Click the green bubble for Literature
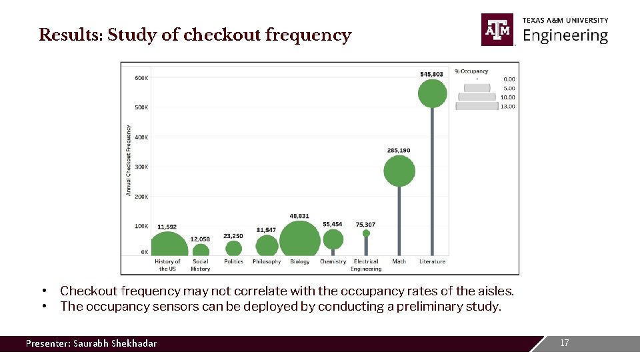(x=432, y=94)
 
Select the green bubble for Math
(x=399, y=171)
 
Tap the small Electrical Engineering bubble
(x=366, y=233)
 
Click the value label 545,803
(x=431, y=73)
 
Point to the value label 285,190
(x=399, y=150)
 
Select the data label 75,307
(x=365, y=225)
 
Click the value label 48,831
(x=299, y=216)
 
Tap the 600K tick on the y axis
(x=141, y=78)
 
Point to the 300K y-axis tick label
(x=141, y=167)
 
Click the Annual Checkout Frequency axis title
(x=128, y=160)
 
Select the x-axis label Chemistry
(x=333, y=262)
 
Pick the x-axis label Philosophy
(x=267, y=262)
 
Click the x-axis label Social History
(x=200, y=265)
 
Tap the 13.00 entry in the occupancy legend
(x=509, y=106)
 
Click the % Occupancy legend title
(x=471, y=71)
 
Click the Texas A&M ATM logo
(x=497, y=29)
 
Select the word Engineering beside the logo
(x=565, y=35)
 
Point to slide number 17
(x=565, y=343)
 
